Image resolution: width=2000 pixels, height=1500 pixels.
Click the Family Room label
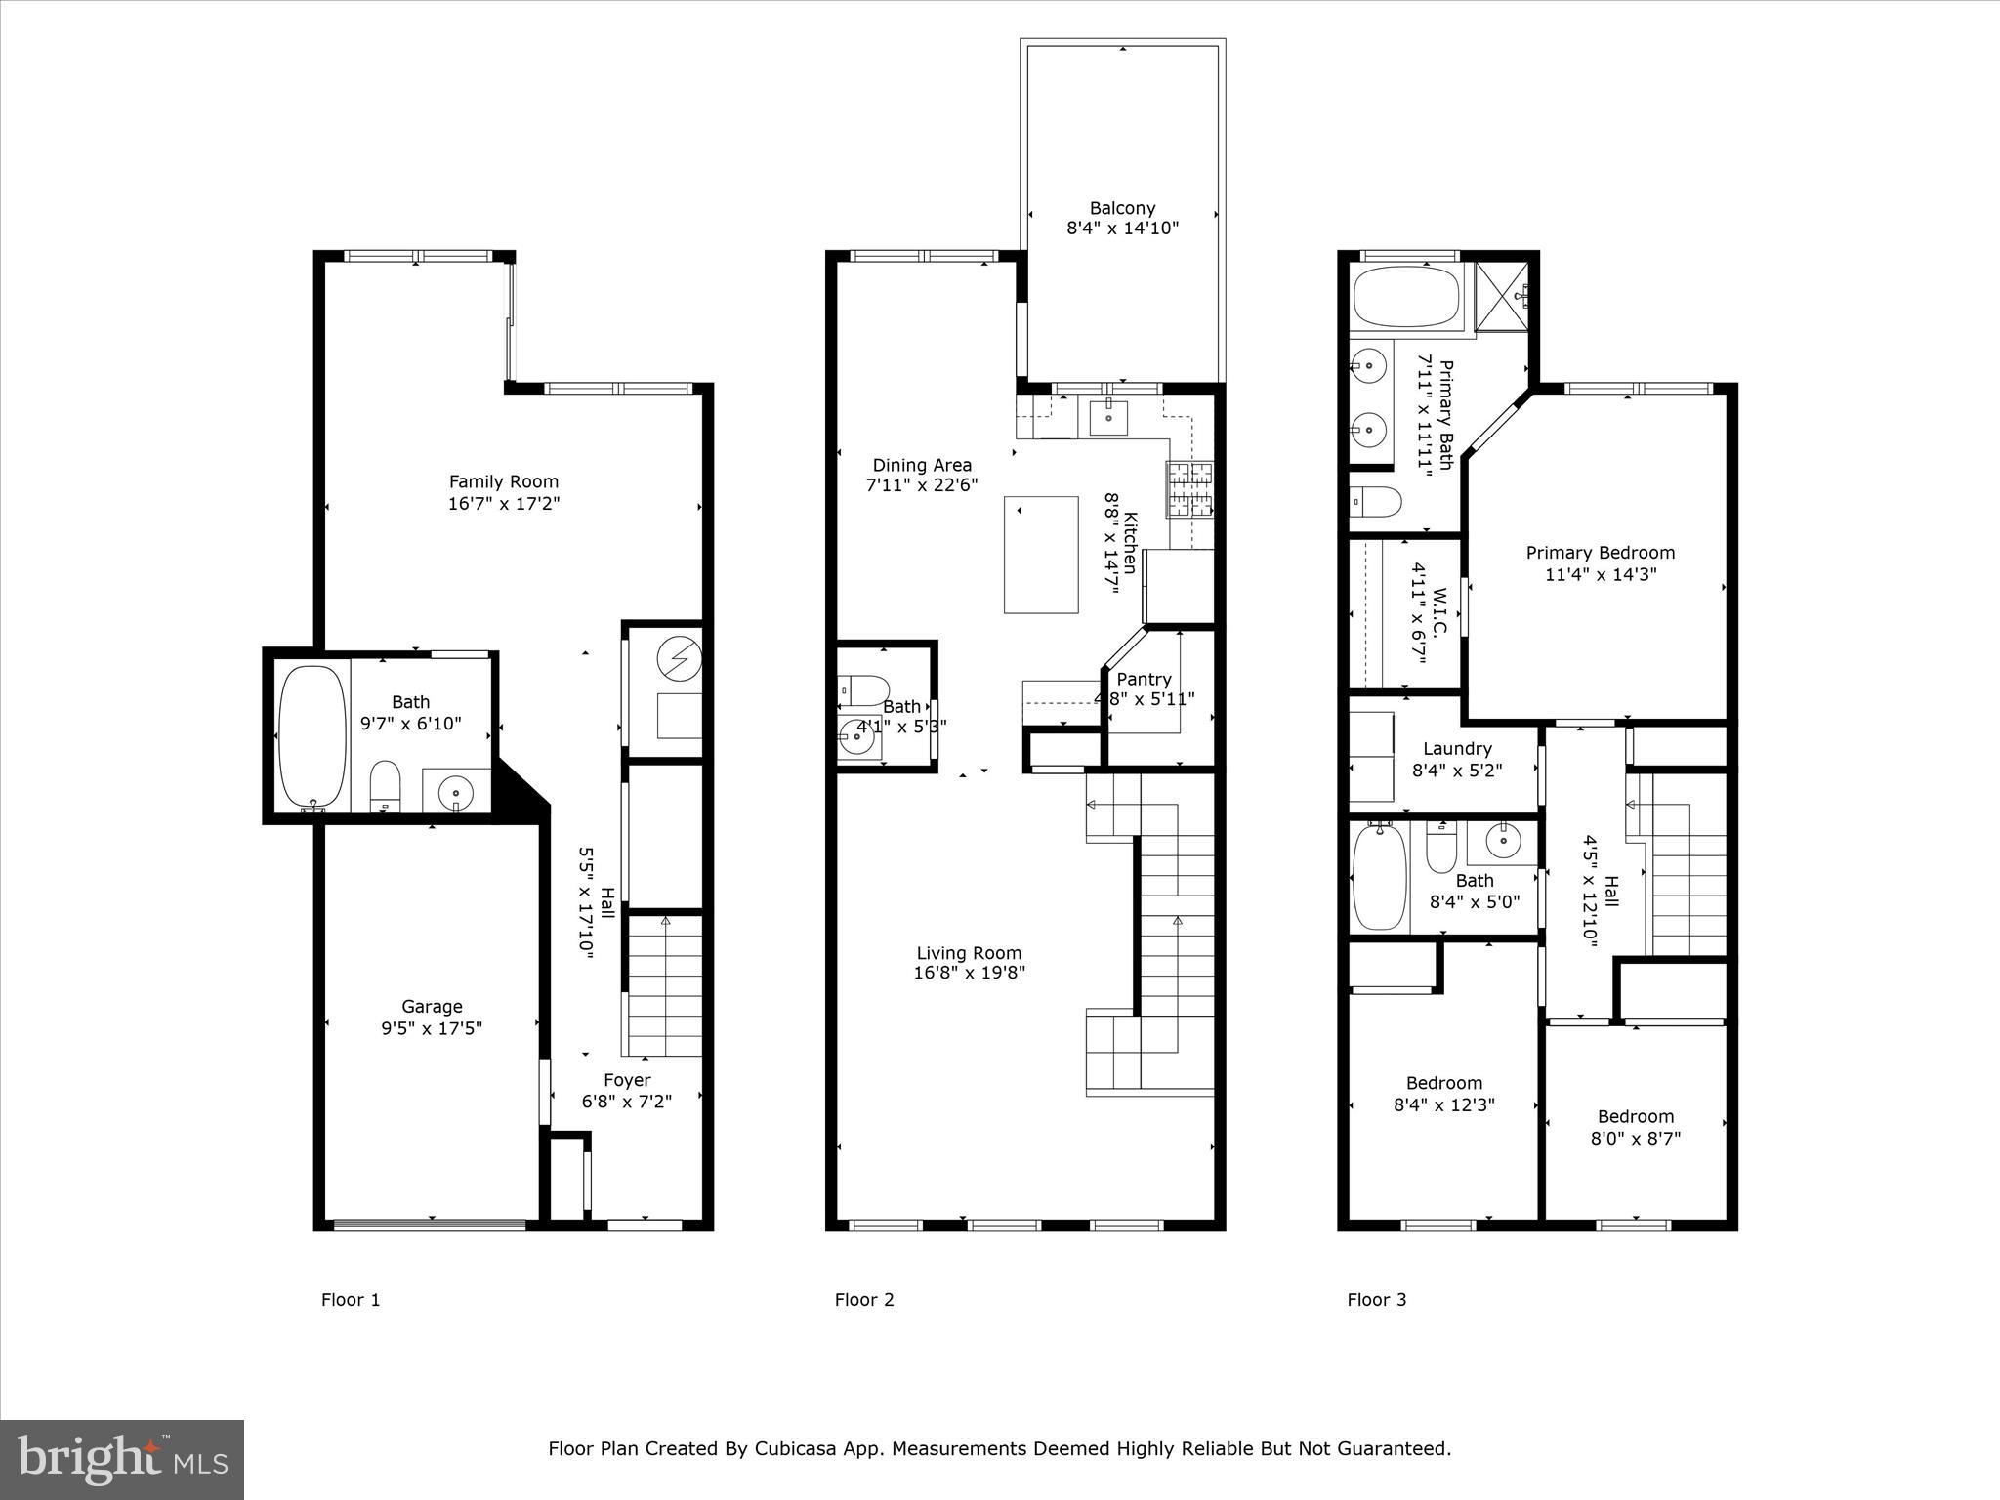pyautogui.click(x=504, y=481)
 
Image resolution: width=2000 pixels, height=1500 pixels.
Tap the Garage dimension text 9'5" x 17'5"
pyautogui.click(x=432, y=1028)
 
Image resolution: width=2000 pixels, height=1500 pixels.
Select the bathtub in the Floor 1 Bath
pyautogui.click(x=312, y=735)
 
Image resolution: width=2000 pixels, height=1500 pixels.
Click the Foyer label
pyautogui.click(x=627, y=1080)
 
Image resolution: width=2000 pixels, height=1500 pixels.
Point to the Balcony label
pyautogui.click(x=1122, y=208)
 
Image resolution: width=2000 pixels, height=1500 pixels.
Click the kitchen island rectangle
pyautogui.click(x=1041, y=555)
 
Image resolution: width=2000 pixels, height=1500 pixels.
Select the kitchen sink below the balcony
pyautogui.click(x=1108, y=417)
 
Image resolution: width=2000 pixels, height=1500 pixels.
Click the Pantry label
pyautogui.click(x=1144, y=679)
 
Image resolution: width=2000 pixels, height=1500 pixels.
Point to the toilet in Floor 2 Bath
pyautogui.click(x=862, y=689)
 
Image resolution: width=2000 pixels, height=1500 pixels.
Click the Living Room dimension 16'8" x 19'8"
pyautogui.click(x=969, y=973)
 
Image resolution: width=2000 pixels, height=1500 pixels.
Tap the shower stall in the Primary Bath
pyautogui.click(x=1502, y=296)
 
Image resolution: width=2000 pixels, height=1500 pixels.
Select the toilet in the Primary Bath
pyautogui.click(x=1375, y=502)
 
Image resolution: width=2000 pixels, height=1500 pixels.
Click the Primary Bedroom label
pyautogui.click(x=1600, y=553)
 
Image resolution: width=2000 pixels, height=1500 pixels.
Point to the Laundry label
pyautogui.click(x=1457, y=749)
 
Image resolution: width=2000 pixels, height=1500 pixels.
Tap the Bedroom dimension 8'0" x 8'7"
pyautogui.click(x=1635, y=1139)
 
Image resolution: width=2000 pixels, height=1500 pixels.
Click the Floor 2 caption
pyautogui.click(x=863, y=1300)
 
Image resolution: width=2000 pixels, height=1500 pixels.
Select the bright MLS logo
pyautogui.click(x=121, y=1459)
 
